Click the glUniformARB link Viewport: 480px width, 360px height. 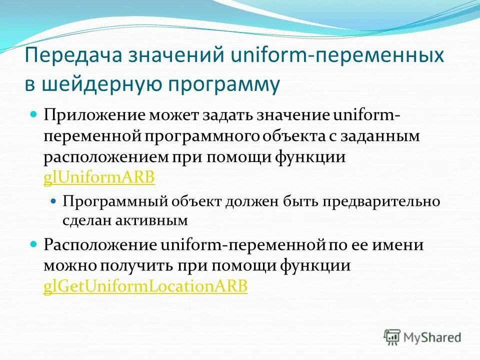pos(99,178)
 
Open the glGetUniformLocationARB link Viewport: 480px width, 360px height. pos(145,287)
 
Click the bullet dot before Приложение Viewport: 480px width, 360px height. pos(34,114)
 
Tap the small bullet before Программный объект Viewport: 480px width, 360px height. pos(55,201)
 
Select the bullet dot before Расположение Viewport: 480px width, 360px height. pos(34,244)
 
